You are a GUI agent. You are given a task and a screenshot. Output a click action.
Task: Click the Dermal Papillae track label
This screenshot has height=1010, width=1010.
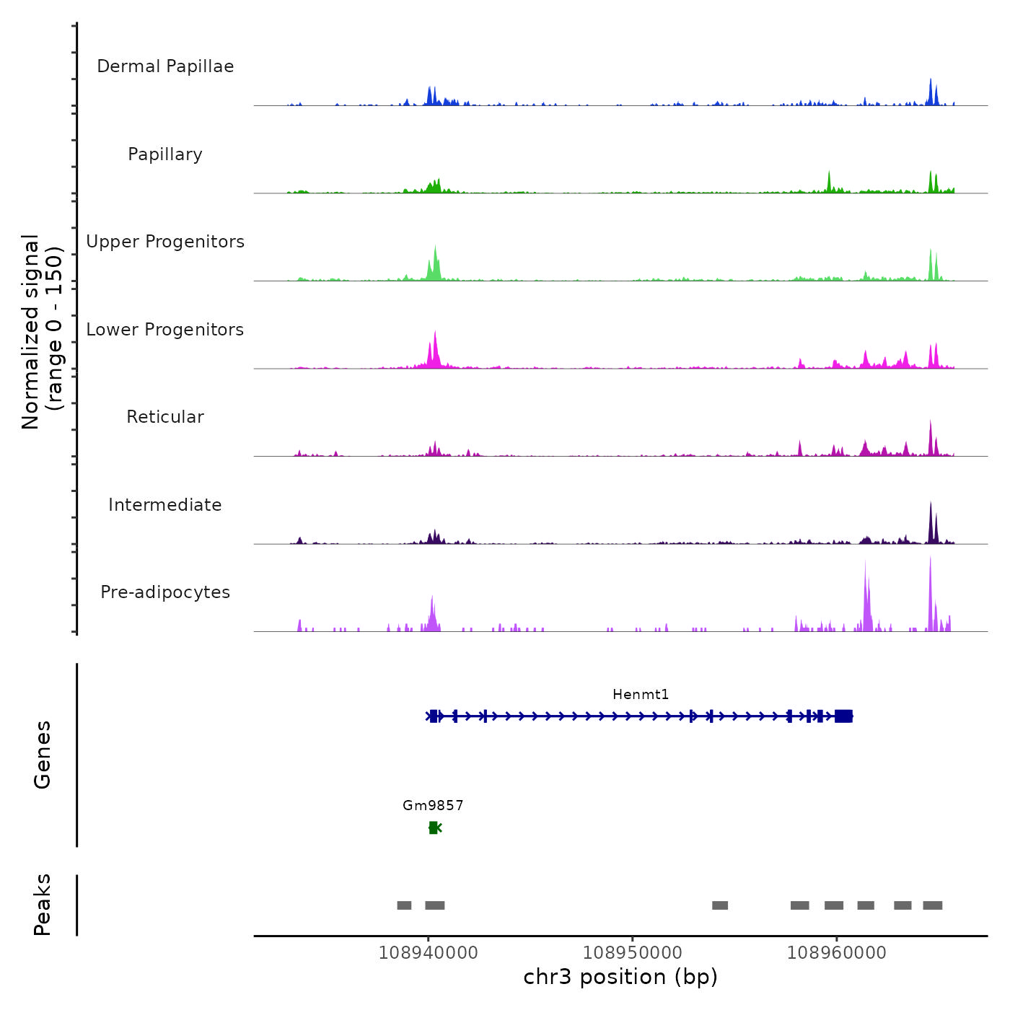tap(165, 66)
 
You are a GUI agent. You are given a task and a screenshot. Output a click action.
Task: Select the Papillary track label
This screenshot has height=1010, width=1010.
tap(165, 154)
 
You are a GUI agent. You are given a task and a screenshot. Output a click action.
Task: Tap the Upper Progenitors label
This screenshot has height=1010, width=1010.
tap(165, 242)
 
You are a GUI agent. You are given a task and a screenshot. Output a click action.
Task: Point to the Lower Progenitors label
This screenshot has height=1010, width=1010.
tap(165, 330)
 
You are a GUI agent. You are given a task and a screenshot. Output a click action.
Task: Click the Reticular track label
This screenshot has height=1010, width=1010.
tap(165, 417)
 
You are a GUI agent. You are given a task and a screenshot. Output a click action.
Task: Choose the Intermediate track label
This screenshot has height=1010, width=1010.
tap(165, 505)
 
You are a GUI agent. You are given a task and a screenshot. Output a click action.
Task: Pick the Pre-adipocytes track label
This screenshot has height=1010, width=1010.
tap(165, 592)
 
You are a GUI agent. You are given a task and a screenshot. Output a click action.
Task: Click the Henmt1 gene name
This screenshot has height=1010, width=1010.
tap(641, 695)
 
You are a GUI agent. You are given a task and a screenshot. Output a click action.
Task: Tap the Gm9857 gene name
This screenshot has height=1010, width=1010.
tap(433, 805)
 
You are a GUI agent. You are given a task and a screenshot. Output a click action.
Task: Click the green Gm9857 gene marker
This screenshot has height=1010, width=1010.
tap(434, 827)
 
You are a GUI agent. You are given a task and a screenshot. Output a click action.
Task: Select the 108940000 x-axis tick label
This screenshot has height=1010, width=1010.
tap(428, 952)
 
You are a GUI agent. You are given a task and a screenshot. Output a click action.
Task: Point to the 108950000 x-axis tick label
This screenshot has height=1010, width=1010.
tap(632, 952)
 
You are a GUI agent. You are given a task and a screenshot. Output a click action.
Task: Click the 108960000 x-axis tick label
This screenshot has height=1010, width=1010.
tap(836, 952)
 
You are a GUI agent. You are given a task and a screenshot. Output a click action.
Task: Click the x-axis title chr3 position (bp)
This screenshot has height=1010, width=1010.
tap(620, 977)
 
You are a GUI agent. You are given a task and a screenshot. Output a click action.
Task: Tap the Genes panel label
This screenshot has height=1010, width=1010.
tap(43, 755)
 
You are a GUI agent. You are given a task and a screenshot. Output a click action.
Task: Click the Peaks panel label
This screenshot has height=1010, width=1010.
tap(43, 905)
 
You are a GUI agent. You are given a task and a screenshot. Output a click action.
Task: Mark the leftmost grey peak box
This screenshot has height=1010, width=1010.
tap(404, 905)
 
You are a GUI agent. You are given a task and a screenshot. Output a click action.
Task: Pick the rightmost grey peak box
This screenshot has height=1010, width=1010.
tap(932, 905)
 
